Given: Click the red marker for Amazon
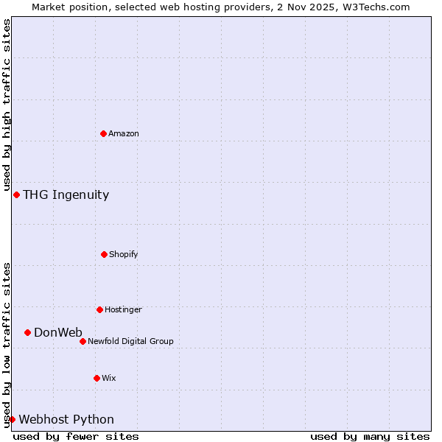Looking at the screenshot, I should click(x=103, y=133).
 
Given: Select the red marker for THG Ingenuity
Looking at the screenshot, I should click(x=16, y=194).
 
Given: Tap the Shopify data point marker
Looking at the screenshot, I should click(x=104, y=254).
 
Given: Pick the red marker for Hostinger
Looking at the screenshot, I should click(x=99, y=309).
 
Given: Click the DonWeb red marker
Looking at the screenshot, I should click(x=27, y=332).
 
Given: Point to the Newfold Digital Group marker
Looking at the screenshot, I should click(x=83, y=341).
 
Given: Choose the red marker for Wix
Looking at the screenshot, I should click(x=97, y=378).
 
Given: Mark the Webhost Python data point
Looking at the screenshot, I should click(x=12, y=419).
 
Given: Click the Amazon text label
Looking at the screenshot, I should click(x=124, y=133).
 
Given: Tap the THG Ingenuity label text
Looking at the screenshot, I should click(x=66, y=195).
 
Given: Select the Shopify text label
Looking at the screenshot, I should click(x=124, y=254).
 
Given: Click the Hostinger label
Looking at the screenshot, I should click(x=123, y=309).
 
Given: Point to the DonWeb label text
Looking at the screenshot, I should click(x=58, y=333).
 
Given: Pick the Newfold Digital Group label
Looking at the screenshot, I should click(x=130, y=341).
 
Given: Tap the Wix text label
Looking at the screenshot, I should click(x=109, y=378).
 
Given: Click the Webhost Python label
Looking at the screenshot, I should click(x=66, y=420).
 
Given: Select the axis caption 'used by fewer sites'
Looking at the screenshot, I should click(x=76, y=436).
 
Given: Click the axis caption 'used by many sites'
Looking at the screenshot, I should click(x=370, y=436).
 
